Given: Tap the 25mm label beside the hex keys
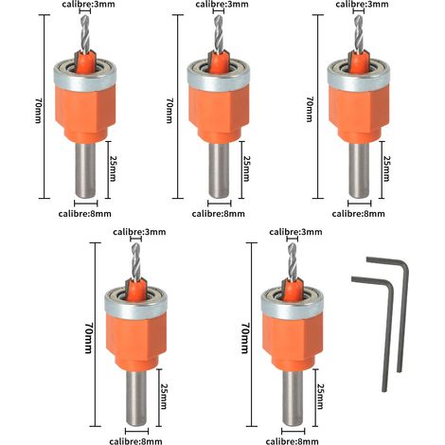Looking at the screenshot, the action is [320, 396].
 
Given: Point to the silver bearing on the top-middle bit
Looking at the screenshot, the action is [219, 76].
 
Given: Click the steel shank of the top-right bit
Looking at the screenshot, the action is [359, 170].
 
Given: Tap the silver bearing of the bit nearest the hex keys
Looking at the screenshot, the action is [292, 303].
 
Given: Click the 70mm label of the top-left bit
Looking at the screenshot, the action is [38, 110].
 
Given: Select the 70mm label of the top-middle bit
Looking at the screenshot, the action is [169, 110].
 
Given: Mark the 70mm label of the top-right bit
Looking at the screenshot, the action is [310, 110].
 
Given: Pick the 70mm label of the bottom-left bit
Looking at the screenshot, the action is [88, 337].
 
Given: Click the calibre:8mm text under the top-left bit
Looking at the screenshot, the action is [85, 214].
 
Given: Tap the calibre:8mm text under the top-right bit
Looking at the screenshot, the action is [359, 214].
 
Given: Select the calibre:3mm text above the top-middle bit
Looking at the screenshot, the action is [222, 5].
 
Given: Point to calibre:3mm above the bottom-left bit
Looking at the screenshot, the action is [139, 232].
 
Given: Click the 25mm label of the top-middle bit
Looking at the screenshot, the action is [246, 169].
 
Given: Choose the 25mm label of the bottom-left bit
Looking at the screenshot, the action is [164, 396].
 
